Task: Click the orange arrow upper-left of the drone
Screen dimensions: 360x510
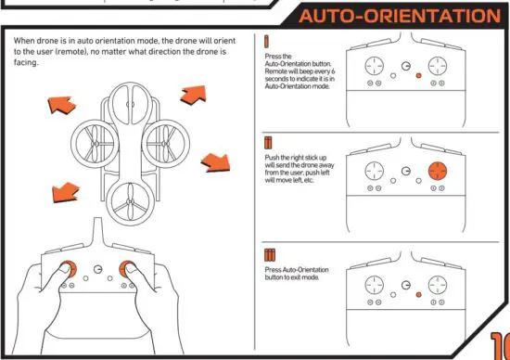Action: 61,103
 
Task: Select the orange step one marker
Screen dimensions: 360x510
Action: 267,43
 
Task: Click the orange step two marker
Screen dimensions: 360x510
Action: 268,142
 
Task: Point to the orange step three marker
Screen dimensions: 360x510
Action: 269,254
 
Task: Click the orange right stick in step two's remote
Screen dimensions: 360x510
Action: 440,172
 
